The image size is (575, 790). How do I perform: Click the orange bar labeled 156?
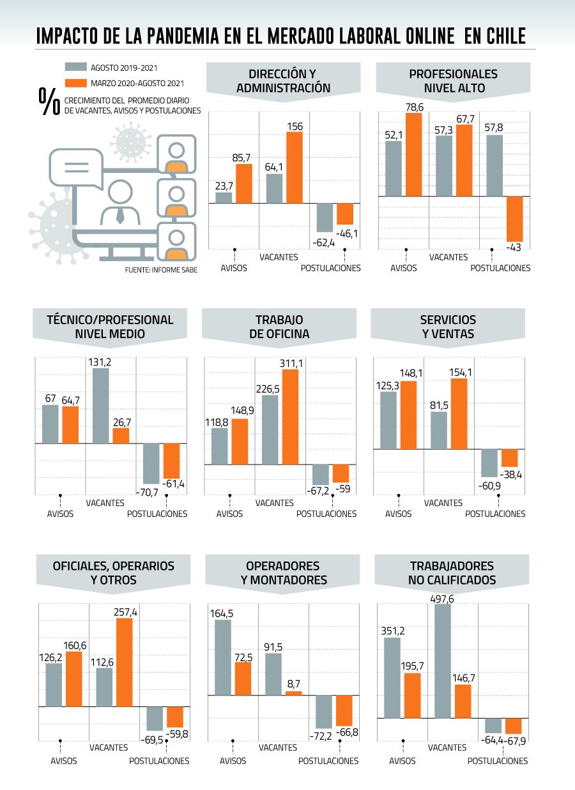295,168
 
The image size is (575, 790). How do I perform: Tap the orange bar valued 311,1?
290,417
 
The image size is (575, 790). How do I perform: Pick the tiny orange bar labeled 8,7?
293,693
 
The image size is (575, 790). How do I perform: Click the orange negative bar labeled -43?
514,219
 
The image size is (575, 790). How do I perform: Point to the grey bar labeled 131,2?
101,406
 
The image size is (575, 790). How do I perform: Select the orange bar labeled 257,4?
125,662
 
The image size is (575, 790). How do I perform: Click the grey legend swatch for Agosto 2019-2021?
76,66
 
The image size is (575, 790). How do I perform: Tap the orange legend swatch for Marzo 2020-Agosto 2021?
76,83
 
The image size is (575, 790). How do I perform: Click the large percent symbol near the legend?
49,101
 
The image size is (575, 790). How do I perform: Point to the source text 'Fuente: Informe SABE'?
161,270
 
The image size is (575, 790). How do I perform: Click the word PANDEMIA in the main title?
183,36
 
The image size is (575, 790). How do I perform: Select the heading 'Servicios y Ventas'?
448,327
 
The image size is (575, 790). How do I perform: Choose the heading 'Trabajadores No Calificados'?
452,573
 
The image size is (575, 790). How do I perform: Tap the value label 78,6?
414,107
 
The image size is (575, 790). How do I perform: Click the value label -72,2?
321,736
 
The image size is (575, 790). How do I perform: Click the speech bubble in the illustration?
76,168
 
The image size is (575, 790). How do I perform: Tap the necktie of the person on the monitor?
120,216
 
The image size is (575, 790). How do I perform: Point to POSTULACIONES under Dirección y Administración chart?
330,268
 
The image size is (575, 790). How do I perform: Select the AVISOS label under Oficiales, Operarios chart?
64,761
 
